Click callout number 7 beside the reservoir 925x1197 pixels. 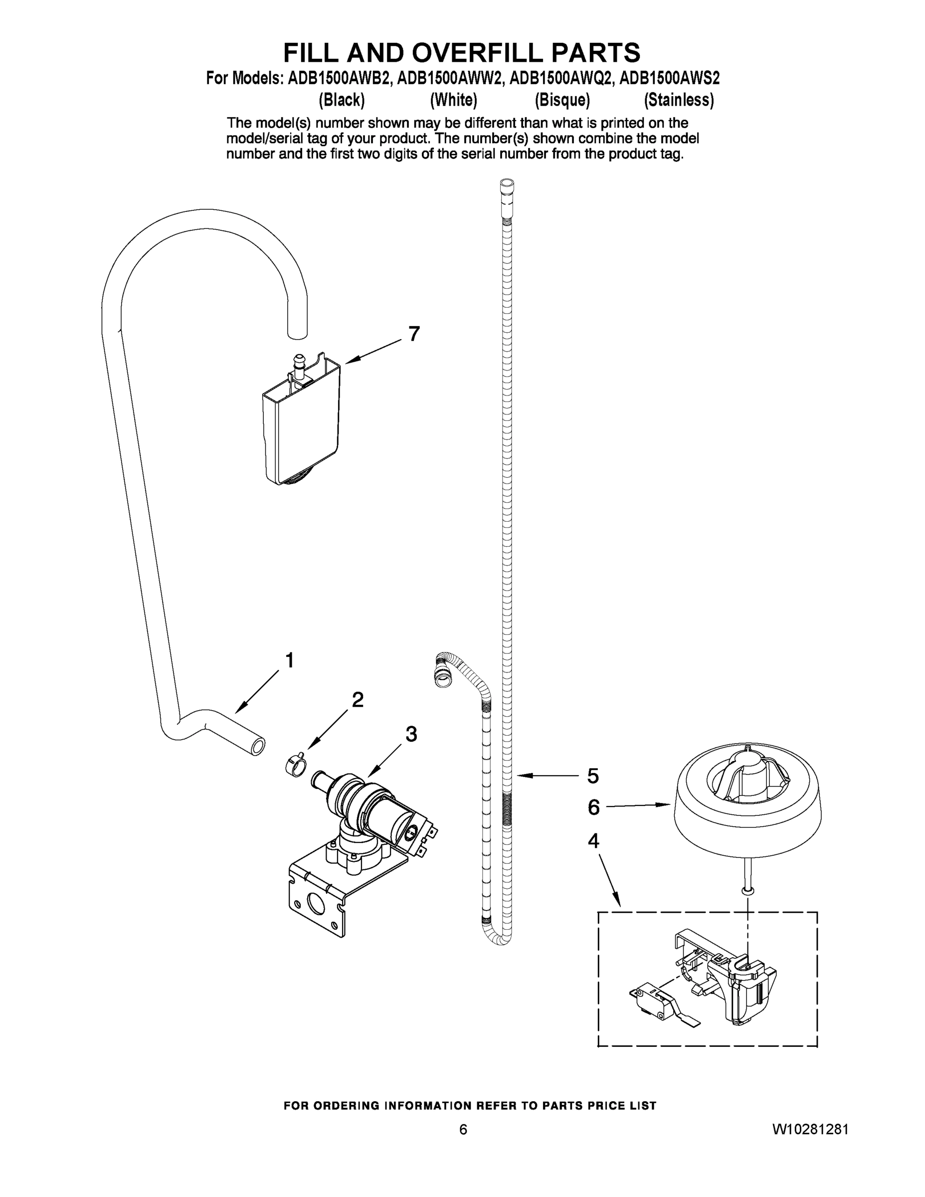pos(414,333)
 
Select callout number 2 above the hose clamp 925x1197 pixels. pos(358,700)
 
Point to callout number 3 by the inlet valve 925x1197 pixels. pos(411,734)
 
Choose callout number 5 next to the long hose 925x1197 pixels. pos(593,776)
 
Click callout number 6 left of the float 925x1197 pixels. pos(593,807)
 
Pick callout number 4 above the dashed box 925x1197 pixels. pos(593,841)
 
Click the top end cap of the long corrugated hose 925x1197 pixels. pos(507,188)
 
